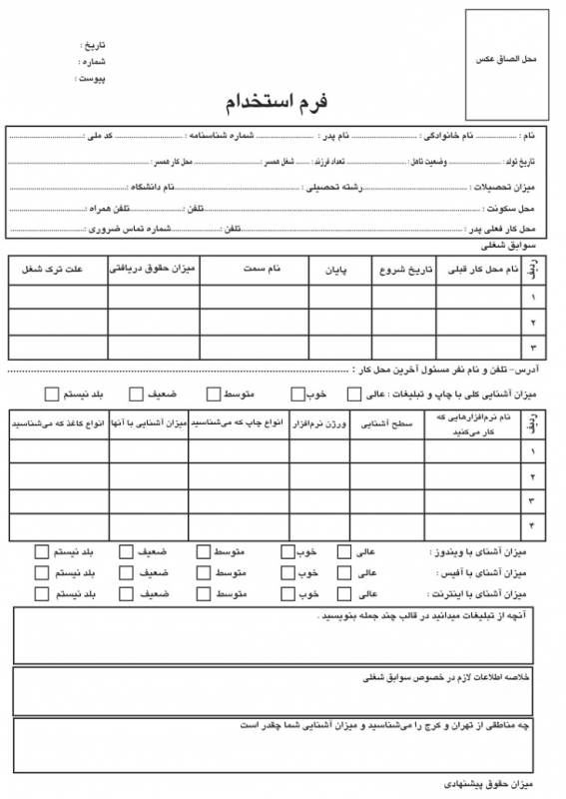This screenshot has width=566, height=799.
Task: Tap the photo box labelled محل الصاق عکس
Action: point(507,62)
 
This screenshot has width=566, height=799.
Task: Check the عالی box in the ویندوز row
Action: point(344,551)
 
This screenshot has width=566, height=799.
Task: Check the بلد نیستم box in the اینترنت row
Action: point(41,594)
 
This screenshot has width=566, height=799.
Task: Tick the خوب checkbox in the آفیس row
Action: point(287,573)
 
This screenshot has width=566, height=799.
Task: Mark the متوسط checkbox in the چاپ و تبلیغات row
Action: point(214,394)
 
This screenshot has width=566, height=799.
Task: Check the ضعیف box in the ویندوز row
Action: point(126,551)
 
